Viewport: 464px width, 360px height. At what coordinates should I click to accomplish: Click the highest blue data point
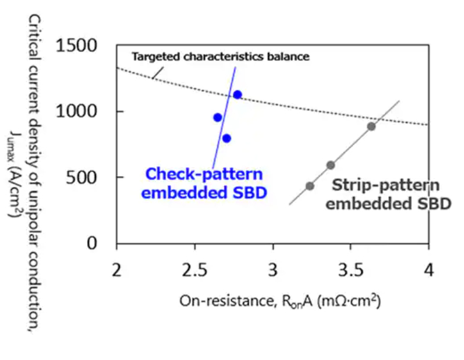237,95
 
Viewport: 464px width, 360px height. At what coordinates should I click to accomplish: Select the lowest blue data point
226,139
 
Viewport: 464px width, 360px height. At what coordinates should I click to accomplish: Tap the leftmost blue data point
217,117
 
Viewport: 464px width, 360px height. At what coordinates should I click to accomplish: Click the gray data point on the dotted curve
371,126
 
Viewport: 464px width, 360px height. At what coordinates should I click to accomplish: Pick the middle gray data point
331,165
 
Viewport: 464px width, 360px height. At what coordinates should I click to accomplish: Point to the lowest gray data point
309,186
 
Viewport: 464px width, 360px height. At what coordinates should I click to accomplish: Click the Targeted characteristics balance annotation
220,58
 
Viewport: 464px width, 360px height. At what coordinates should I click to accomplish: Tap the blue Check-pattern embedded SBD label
204,183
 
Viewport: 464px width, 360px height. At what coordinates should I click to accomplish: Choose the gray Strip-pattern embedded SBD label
389,194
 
